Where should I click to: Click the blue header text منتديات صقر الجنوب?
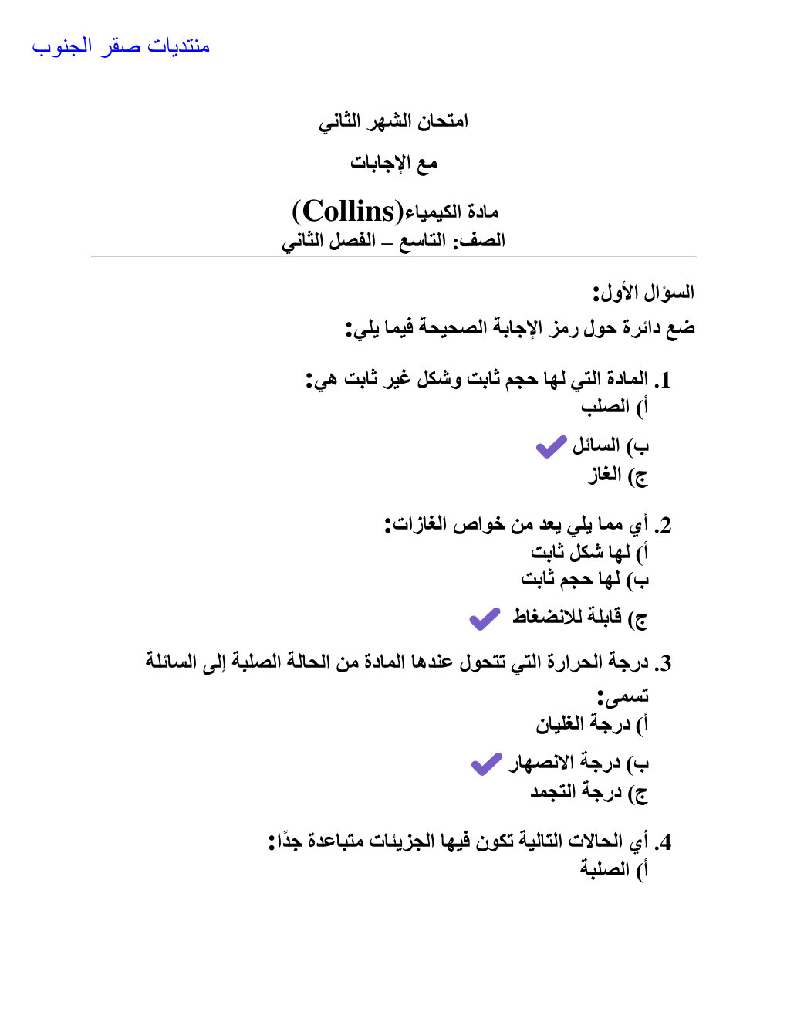[x=121, y=46]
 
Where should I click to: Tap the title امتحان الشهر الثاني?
[x=393, y=121]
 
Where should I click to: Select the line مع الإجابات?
[x=393, y=163]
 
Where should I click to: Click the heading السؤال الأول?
[x=643, y=293]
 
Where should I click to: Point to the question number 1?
[x=663, y=380]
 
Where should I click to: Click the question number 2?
[x=663, y=526]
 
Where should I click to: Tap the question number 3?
[x=663, y=663]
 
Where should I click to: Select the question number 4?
[x=663, y=841]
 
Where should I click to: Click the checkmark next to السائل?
[x=551, y=446]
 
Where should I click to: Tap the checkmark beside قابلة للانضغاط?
[x=485, y=618]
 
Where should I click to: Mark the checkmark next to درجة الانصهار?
[x=486, y=763]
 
